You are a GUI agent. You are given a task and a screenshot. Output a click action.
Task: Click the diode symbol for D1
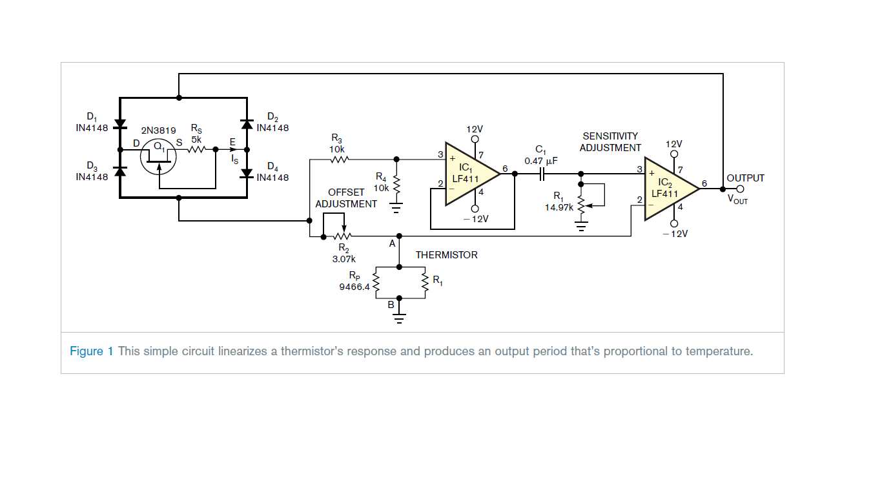(119, 123)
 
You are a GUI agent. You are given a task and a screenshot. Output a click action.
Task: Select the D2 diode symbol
(247, 123)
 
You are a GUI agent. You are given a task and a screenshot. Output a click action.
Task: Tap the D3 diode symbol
(119, 170)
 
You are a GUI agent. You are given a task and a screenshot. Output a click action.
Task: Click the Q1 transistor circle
(158, 157)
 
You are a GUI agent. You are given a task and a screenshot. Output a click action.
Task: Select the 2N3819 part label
(159, 130)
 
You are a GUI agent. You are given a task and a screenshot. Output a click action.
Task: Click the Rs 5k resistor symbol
(196, 150)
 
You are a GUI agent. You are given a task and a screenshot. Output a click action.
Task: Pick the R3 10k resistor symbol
(338, 159)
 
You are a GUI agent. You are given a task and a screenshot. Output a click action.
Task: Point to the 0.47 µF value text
(540, 161)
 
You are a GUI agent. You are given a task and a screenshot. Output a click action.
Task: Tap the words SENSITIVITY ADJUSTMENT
(610, 142)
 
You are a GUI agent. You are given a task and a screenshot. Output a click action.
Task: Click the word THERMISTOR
(446, 255)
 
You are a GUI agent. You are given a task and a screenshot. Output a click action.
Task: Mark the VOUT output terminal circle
(741, 189)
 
